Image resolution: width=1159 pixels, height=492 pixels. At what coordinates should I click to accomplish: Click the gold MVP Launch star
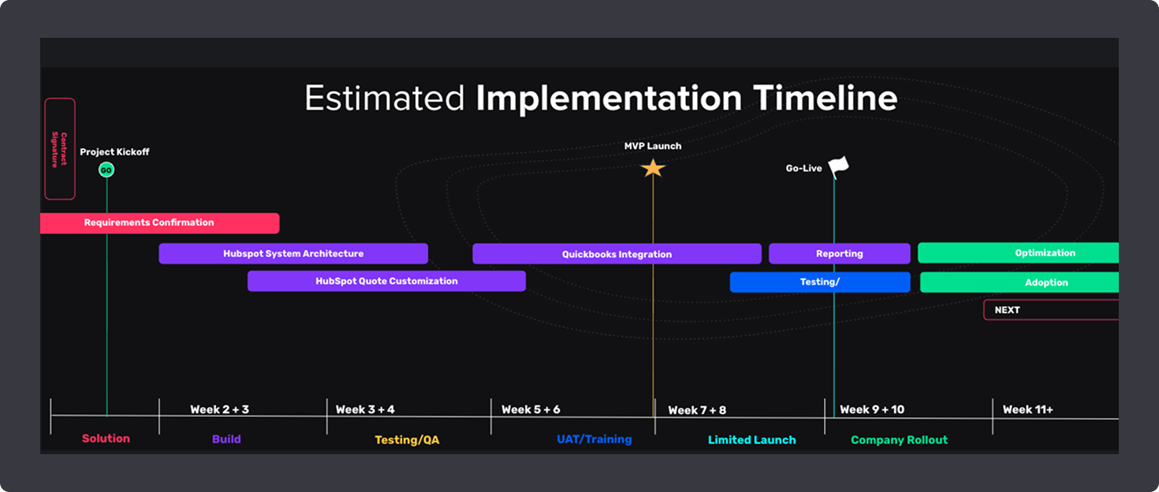point(653,168)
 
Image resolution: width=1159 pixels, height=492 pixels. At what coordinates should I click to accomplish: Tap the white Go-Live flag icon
point(839,166)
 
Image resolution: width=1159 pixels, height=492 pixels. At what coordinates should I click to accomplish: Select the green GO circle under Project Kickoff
point(106,170)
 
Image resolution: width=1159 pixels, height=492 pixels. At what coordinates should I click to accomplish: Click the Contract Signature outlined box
point(60,148)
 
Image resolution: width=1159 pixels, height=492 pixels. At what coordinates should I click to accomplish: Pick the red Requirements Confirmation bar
point(159,223)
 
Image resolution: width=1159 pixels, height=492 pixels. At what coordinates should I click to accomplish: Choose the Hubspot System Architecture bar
point(293,254)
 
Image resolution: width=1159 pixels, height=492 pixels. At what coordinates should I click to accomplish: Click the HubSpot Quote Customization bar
point(386,281)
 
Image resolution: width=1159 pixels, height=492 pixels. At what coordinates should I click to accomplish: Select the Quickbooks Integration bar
point(617,254)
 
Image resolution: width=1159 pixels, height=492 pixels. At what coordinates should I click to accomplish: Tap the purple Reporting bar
point(839,254)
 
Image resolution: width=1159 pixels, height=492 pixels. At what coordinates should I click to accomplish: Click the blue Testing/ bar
point(820,282)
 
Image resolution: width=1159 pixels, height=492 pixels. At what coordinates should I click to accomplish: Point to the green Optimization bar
point(1019,253)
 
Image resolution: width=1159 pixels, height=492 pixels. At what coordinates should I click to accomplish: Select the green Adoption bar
point(1019,282)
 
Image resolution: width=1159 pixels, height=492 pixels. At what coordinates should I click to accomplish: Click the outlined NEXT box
point(1050,310)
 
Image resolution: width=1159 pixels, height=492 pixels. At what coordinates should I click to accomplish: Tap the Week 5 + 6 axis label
point(531,409)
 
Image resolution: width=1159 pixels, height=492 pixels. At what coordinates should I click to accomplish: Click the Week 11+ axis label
point(1027,409)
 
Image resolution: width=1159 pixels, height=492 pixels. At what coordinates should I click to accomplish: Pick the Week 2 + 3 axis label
point(219,409)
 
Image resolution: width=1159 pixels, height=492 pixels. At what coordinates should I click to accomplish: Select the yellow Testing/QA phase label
point(407,440)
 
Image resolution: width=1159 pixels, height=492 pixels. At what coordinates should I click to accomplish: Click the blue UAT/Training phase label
point(594,439)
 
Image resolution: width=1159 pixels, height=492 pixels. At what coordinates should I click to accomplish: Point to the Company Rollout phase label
point(899,440)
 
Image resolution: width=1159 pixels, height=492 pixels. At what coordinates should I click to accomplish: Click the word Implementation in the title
point(609,99)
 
